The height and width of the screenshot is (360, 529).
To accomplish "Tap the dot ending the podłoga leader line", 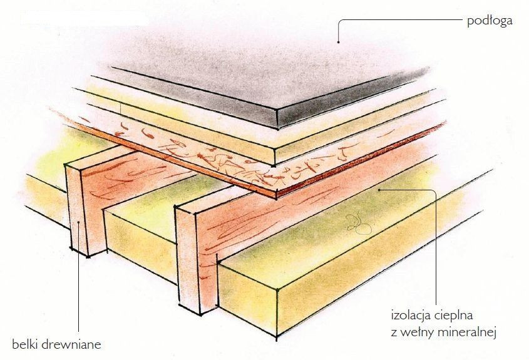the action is (x=338, y=42).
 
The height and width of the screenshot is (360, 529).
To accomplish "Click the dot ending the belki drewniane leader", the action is (x=79, y=222).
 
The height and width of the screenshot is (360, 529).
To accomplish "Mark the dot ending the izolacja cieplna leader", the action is (x=379, y=190).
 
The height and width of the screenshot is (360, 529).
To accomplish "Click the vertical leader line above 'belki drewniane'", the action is (x=79, y=277).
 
